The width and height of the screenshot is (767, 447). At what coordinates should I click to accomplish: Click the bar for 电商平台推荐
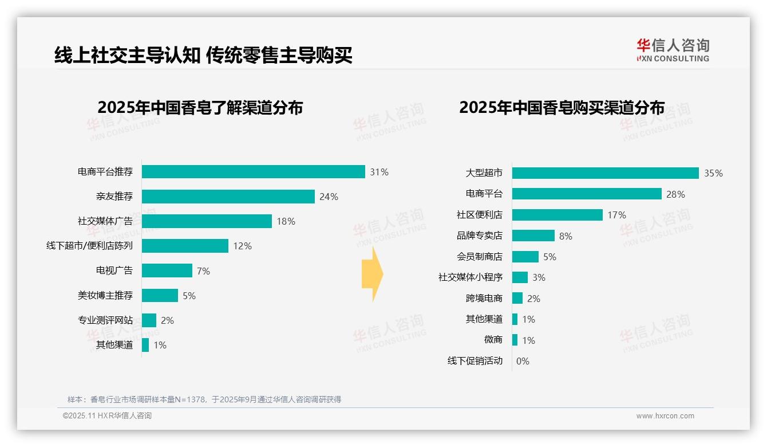point(253,172)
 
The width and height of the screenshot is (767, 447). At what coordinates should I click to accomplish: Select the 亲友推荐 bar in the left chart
point(228,197)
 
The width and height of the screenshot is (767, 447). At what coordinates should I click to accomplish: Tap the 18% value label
point(286,221)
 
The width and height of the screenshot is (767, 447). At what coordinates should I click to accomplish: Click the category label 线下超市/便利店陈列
point(89,246)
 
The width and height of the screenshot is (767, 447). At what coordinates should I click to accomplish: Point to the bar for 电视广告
point(167,270)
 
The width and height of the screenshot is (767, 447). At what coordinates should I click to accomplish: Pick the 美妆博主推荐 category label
point(105,295)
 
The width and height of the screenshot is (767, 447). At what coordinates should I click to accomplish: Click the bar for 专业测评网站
point(149,320)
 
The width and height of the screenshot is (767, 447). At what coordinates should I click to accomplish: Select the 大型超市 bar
point(605,173)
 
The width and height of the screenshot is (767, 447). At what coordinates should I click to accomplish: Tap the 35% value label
point(713,173)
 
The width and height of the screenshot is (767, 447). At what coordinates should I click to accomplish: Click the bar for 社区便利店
point(557,215)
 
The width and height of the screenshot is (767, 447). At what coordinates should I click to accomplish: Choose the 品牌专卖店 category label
point(479,236)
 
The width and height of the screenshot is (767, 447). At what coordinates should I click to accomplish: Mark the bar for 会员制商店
point(525,257)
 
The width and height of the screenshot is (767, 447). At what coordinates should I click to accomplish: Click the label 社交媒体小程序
point(470,277)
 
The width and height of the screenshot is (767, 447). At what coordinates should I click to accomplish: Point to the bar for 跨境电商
point(517,299)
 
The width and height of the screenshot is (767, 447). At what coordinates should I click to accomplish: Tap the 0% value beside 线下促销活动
point(523,361)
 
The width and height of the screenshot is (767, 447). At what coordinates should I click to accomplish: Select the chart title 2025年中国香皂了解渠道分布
point(200,108)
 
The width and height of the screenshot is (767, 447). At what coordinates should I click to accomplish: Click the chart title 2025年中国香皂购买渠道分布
point(562,108)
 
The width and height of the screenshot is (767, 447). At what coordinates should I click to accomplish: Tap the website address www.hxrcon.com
point(665,416)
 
